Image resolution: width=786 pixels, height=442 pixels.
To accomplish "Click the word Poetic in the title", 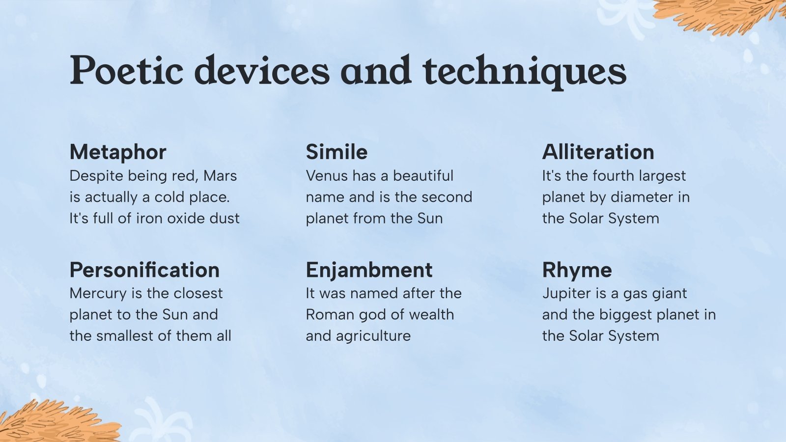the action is (126, 70).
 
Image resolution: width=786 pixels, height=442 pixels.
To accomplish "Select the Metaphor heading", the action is (118, 152).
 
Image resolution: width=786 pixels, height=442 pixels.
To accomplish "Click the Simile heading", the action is (337, 152).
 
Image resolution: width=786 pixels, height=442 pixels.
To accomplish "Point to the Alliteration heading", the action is (598, 152).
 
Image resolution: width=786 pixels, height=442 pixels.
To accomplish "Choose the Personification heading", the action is (144, 270).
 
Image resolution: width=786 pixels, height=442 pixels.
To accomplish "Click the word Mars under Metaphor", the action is (220, 176).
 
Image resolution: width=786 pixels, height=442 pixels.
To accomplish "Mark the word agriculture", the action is (373, 336).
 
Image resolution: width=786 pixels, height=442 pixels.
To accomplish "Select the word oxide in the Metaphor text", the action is (186, 219).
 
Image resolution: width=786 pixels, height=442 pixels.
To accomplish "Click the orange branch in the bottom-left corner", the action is (56, 423).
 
